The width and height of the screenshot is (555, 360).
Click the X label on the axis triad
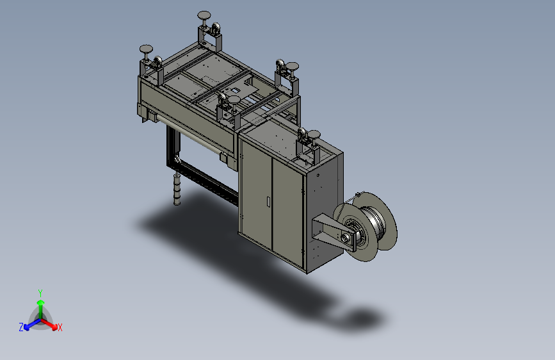(60, 327)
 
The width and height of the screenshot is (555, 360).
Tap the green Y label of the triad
(40, 293)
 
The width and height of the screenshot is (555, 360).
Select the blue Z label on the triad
(21, 327)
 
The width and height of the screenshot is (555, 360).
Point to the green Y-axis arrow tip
(41, 302)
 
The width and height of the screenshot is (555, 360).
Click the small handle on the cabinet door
(269, 202)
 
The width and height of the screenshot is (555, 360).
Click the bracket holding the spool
(333, 232)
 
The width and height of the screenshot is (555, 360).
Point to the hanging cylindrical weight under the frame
(177, 189)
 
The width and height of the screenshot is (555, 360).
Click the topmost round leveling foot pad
(204, 15)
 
